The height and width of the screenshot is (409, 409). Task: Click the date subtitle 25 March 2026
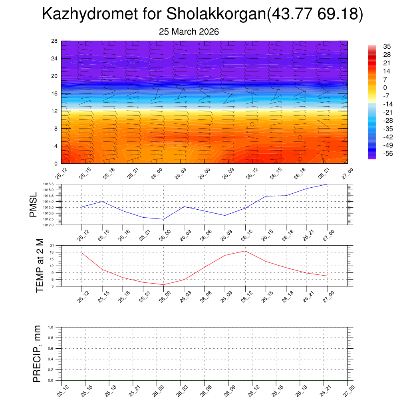(x=189, y=32)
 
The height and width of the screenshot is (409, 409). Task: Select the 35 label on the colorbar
(x=387, y=46)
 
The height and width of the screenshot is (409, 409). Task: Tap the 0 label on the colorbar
(x=385, y=88)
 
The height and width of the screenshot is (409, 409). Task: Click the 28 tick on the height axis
(x=54, y=41)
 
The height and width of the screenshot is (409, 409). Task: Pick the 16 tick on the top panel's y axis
(x=54, y=93)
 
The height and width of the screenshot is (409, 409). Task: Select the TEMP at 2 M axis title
(x=40, y=266)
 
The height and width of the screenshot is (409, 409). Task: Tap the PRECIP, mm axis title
(x=37, y=354)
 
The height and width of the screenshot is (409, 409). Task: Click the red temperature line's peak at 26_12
(x=245, y=251)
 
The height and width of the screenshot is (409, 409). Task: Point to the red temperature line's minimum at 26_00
(x=163, y=285)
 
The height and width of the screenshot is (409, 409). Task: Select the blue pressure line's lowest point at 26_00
(x=163, y=219)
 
